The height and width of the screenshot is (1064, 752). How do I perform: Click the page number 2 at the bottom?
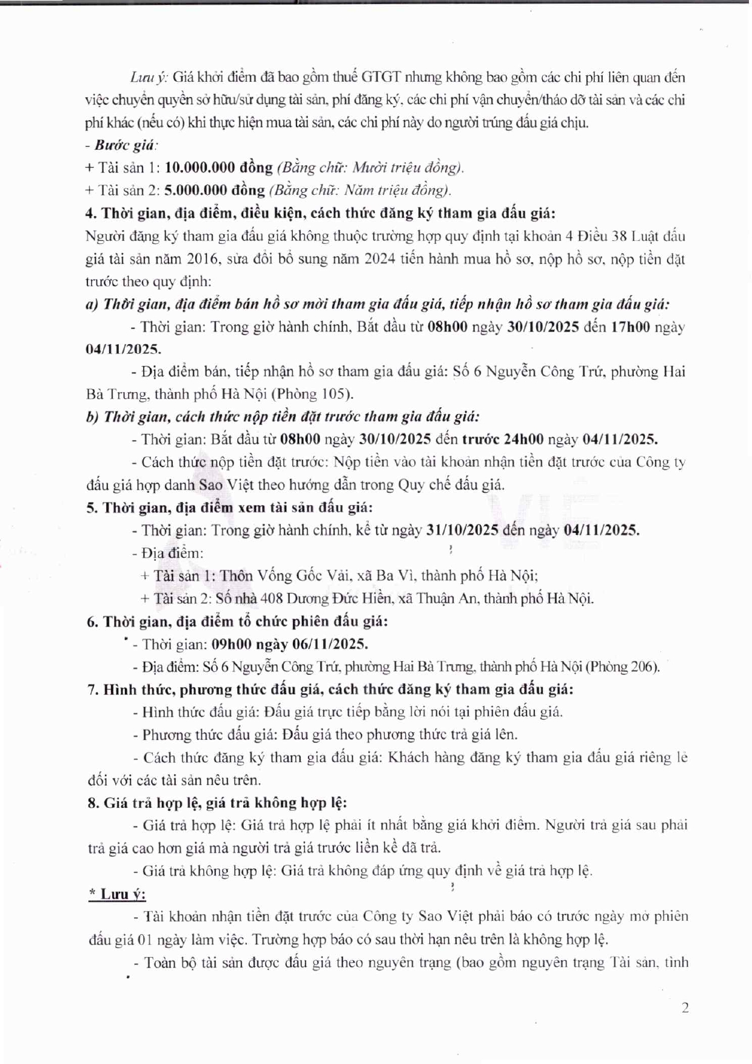tap(685, 1008)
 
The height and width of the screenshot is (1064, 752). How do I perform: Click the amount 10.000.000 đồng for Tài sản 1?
tap(218, 168)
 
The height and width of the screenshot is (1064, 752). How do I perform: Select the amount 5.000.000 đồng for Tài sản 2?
tap(214, 191)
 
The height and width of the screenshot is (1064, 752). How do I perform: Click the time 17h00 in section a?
tap(630, 327)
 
